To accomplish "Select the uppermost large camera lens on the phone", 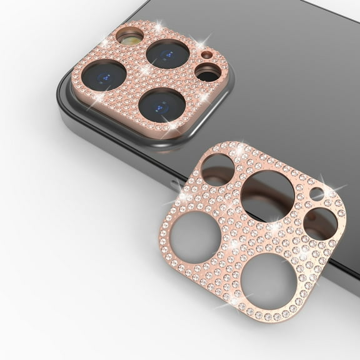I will pos(167,54).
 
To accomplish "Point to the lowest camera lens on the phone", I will pos(161,104).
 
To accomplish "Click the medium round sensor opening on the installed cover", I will pos(207,72).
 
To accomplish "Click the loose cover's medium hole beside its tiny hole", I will pos(320,223).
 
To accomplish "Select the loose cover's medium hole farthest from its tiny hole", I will pos(217,169).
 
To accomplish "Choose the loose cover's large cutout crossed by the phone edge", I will pos(267,196).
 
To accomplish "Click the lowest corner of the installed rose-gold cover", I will pos(167,134).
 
